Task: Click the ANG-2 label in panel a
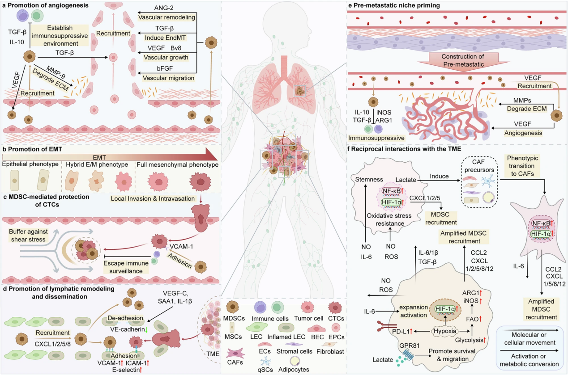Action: pyautogui.click(x=164, y=8)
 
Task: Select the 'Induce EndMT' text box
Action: pyautogui.click(x=165, y=38)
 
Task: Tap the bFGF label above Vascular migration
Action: pyautogui.click(x=165, y=68)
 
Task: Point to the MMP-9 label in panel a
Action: pyautogui.click(x=56, y=72)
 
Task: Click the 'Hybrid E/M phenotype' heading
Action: pyautogui.click(x=97, y=164)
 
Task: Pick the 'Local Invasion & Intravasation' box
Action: pyautogui.click(x=153, y=198)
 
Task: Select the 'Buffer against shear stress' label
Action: pyautogui.click(x=28, y=236)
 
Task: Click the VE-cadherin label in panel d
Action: pyautogui.click(x=128, y=329)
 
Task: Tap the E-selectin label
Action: pyautogui.click(x=126, y=370)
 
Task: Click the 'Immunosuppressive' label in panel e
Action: pyautogui.click(x=376, y=138)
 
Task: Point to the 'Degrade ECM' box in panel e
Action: pyautogui.click(x=527, y=109)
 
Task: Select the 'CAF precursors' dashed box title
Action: pyautogui.click(x=479, y=166)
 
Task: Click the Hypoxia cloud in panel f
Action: pyautogui.click(x=445, y=331)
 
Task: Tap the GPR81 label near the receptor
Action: pyautogui.click(x=409, y=346)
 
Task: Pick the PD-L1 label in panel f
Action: pyautogui.click(x=401, y=332)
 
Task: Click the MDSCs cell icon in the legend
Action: pyautogui.click(x=232, y=307)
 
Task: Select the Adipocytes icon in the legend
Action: pyautogui.click(x=295, y=361)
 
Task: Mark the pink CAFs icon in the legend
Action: pyautogui.click(x=235, y=353)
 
